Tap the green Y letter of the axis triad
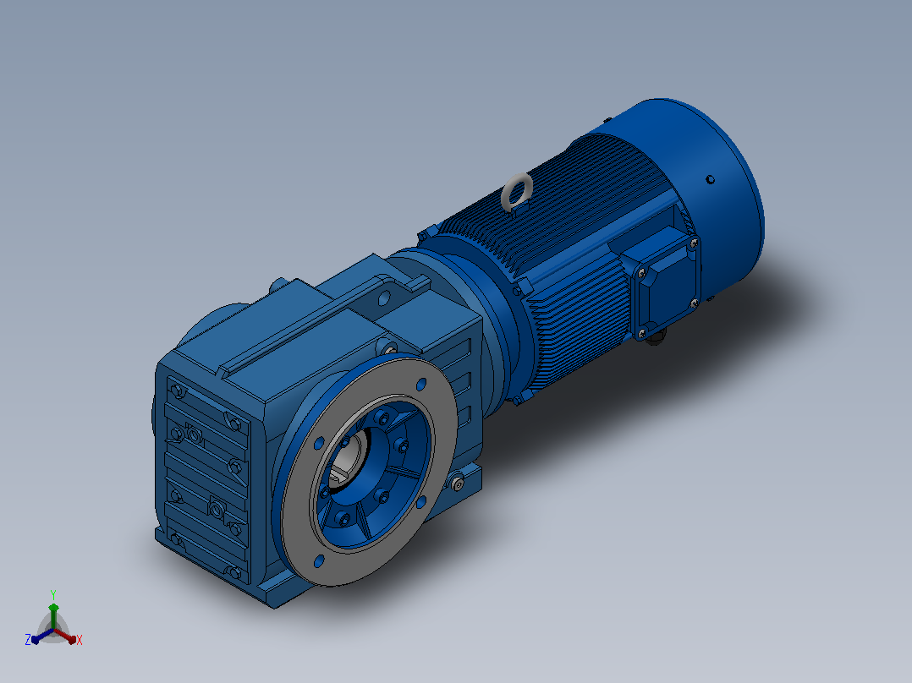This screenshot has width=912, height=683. [53, 594]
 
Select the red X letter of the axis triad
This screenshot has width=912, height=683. [80, 640]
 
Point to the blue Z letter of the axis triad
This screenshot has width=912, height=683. [28, 640]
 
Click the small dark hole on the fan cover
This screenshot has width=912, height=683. [710, 179]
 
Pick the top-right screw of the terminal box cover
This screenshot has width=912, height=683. [693, 242]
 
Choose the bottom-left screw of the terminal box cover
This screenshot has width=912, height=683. [642, 333]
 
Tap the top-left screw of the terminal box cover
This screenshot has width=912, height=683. [641, 271]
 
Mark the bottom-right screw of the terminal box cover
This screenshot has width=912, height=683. [694, 303]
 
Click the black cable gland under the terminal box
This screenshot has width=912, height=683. [657, 336]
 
